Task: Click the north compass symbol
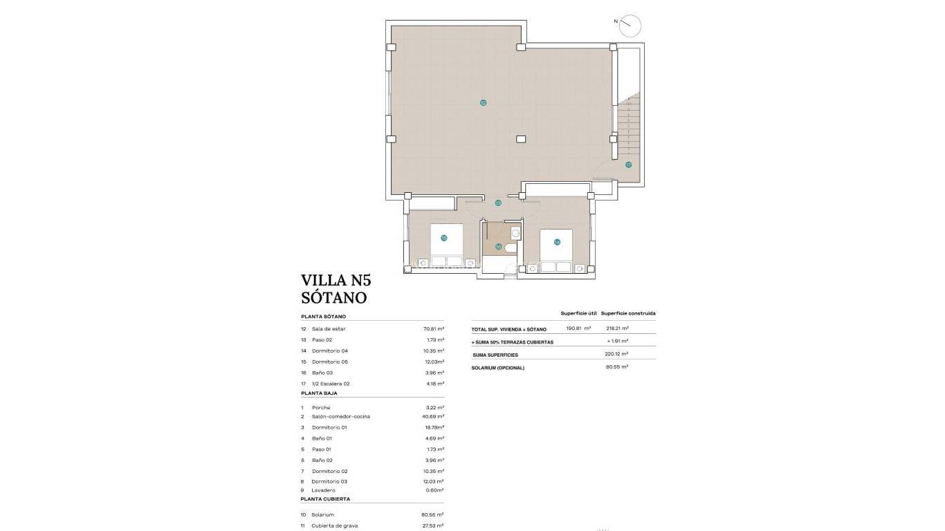[630, 26]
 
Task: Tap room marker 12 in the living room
[483, 102]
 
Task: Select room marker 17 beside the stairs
[628, 165]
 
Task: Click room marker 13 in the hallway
[498, 203]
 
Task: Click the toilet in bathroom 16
[511, 248]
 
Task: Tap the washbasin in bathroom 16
[515, 234]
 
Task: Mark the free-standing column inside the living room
[520, 138]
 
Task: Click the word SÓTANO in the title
[333, 298]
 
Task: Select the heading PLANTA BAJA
[319, 393]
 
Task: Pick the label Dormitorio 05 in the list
[330, 362]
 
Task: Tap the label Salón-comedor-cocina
[340, 416]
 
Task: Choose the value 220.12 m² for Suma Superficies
[616, 354]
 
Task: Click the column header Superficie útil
[578, 313]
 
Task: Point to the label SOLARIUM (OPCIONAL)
[497, 367]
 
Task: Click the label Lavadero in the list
[323, 490]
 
